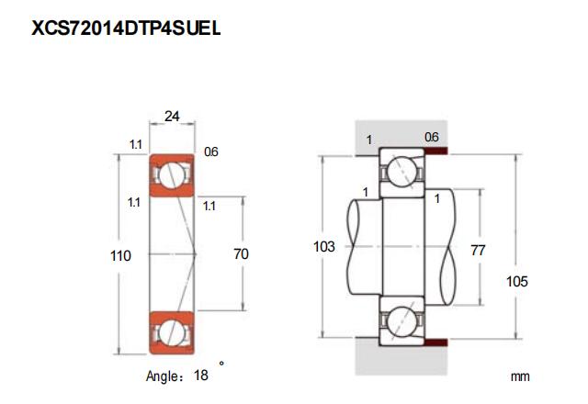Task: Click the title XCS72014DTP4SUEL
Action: pos(126,28)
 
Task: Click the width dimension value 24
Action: pos(172,117)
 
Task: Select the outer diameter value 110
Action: pos(120,256)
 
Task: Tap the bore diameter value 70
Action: pos(241,254)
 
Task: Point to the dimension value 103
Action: pos(324,247)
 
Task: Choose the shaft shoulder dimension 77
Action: pos(478,251)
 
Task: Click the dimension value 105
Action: pos(516,282)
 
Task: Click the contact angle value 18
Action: pos(201,376)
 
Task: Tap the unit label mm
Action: pos(520,376)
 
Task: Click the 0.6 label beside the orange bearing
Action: pos(211,151)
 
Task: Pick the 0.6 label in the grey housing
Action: pos(432,137)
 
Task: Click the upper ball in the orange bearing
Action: pos(172,174)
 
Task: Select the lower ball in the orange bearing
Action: pos(172,331)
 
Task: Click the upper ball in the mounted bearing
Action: pos(402,172)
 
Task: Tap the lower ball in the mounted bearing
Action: pos(402,321)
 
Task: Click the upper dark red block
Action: pos(435,151)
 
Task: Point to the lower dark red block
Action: pos(435,342)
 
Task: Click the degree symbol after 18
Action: pos(221,364)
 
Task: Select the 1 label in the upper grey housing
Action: pos(369,140)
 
